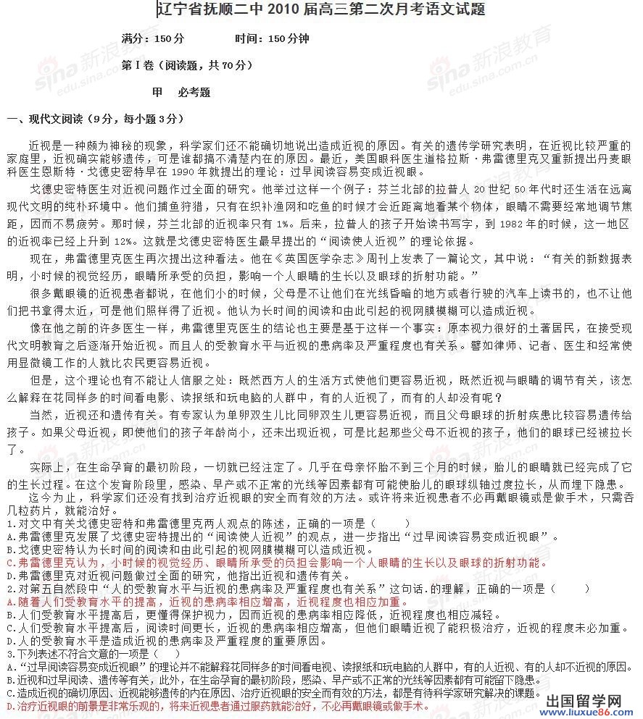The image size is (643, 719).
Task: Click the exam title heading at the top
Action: click(x=321, y=9)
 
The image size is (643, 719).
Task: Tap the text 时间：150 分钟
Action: click(x=272, y=38)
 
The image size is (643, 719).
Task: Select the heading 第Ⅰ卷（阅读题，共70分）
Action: click(x=188, y=65)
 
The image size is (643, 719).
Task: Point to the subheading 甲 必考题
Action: click(x=181, y=93)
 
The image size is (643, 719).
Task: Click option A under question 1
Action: click(x=283, y=537)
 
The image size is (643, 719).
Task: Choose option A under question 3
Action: click(x=319, y=666)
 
